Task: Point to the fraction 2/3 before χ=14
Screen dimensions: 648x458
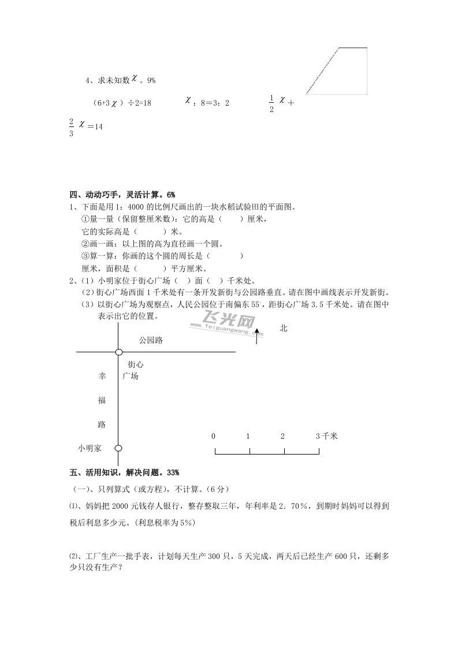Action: pos(71,126)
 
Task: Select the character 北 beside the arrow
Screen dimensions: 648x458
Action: pos(283,328)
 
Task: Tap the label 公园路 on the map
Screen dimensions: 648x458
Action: pos(151,340)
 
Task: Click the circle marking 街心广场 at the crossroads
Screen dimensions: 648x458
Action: pos(118,352)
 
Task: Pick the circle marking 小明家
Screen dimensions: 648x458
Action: pos(118,448)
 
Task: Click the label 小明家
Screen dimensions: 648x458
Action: pos(90,448)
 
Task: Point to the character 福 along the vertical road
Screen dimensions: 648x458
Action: pos(102,400)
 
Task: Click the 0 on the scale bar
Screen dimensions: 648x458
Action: pos(214,436)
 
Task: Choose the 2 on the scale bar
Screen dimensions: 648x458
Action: pos(282,436)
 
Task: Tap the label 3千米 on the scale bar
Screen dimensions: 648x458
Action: pos(327,436)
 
